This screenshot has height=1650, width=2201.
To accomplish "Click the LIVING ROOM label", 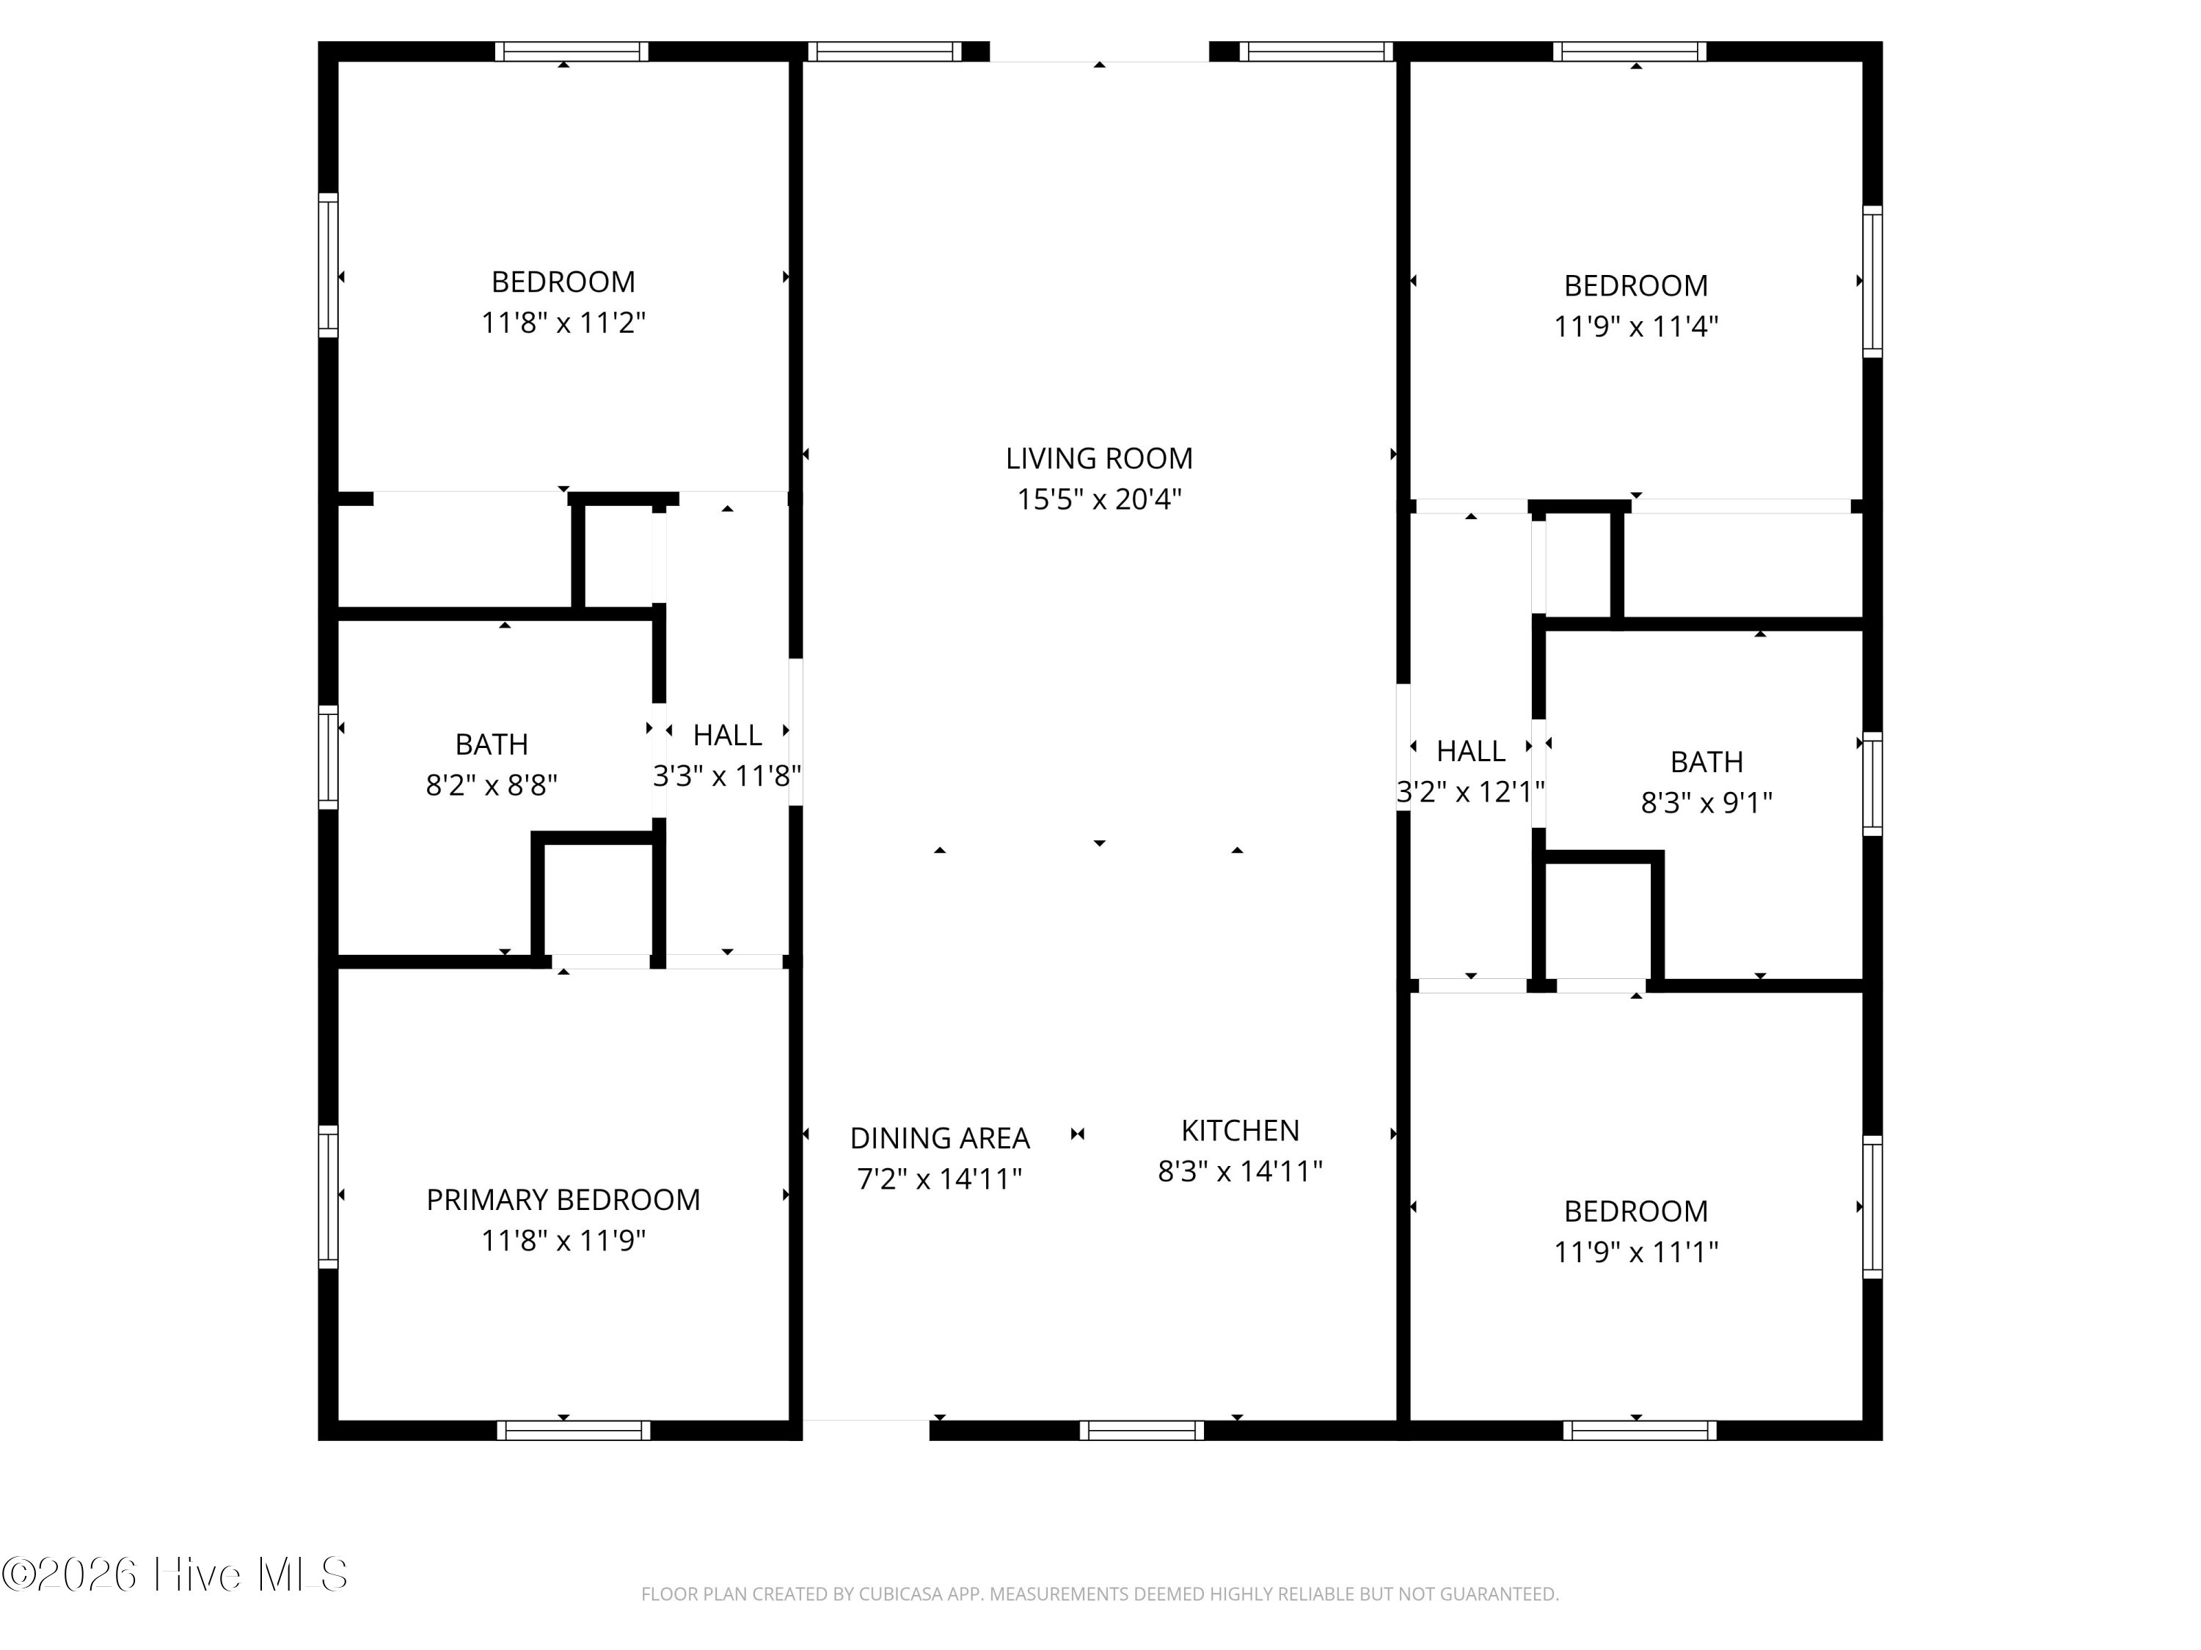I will [x=1098, y=458].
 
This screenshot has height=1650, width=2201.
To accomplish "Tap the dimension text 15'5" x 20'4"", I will [x=1098, y=499].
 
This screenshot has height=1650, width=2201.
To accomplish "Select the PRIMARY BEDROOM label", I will [x=563, y=1200].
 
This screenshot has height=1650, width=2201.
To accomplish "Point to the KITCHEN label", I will [x=1240, y=1131].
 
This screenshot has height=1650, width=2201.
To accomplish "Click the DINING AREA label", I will [x=939, y=1138].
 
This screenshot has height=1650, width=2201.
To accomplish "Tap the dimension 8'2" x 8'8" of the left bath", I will [x=492, y=785].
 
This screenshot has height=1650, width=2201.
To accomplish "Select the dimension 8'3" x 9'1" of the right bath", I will [x=1707, y=802].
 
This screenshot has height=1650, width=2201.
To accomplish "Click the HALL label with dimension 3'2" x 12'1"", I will [x=1471, y=751].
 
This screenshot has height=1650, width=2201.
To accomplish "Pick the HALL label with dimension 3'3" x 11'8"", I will [x=727, y=735].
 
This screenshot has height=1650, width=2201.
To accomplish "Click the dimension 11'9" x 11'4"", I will [x=1636, y=326].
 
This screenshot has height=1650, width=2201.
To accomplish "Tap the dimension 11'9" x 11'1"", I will [x=1636, y=1253].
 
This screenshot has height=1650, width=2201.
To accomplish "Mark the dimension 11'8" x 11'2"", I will [x=563, y=323].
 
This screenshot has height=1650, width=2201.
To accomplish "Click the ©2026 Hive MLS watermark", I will [x=175, y=1575].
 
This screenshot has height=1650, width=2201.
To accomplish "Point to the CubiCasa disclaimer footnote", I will [x=1100, y=1594].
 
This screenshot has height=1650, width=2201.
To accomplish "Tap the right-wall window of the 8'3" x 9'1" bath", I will [x=1872, y=784].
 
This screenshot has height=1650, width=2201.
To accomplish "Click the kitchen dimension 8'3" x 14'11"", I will [x=1240, y=1172].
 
